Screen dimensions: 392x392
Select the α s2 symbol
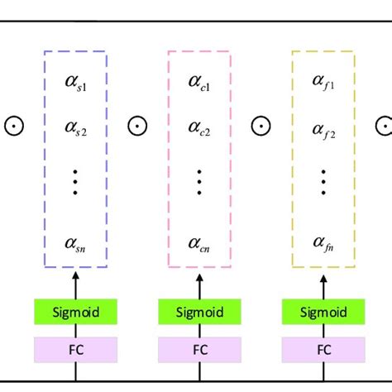75,128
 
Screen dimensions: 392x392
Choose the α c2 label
199,128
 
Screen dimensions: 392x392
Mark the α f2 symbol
323,128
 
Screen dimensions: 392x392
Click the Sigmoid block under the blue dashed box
75,313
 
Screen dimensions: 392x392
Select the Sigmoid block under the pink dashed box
199,313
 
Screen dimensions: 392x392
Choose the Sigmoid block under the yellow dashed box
323,313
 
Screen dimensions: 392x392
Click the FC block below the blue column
75,349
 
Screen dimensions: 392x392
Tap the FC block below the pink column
199,349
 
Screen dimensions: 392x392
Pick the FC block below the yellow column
323,349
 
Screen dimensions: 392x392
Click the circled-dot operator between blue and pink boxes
137,126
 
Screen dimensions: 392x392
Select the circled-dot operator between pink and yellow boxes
261,126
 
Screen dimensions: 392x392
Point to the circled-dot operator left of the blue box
14,126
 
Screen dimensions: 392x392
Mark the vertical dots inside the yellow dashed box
323,182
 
